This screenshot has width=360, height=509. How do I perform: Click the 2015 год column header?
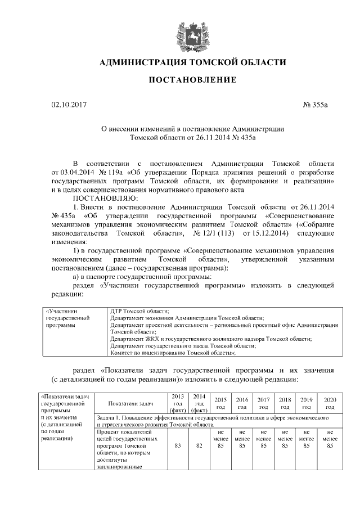[x=220, y=403]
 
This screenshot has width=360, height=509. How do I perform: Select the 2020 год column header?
[x=330, y=403]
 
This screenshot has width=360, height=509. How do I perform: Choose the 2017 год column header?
[x=263, y=403]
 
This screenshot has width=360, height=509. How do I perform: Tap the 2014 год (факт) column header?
[x=199, y=403]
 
